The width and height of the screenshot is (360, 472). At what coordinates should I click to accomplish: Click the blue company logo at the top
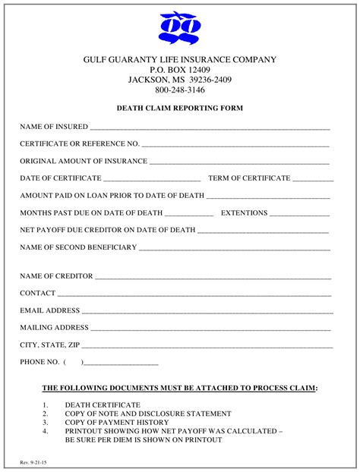(179, 27)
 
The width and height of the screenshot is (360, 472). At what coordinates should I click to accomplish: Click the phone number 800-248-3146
(179, 90)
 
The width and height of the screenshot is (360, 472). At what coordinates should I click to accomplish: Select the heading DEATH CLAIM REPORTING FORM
(179, 109)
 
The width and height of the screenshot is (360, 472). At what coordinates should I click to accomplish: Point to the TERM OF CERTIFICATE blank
(312, 181)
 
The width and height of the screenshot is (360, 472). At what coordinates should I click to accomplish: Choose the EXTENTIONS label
(244, 213)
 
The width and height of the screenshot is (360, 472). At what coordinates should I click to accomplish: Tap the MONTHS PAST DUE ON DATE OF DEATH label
(91, 213)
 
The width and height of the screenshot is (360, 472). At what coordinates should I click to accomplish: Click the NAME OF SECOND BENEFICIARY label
(78, 247)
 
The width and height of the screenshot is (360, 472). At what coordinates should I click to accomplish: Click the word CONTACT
(38, 293)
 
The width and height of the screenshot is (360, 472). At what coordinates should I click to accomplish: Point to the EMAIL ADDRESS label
(49, 310)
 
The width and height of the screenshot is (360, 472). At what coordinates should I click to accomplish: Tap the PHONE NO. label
(39, 362)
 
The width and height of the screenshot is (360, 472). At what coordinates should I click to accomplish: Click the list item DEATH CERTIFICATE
(103, 405)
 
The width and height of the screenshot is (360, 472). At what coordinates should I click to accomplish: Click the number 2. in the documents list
(46, 414)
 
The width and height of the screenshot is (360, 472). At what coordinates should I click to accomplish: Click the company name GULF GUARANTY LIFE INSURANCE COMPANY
(179, 60)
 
